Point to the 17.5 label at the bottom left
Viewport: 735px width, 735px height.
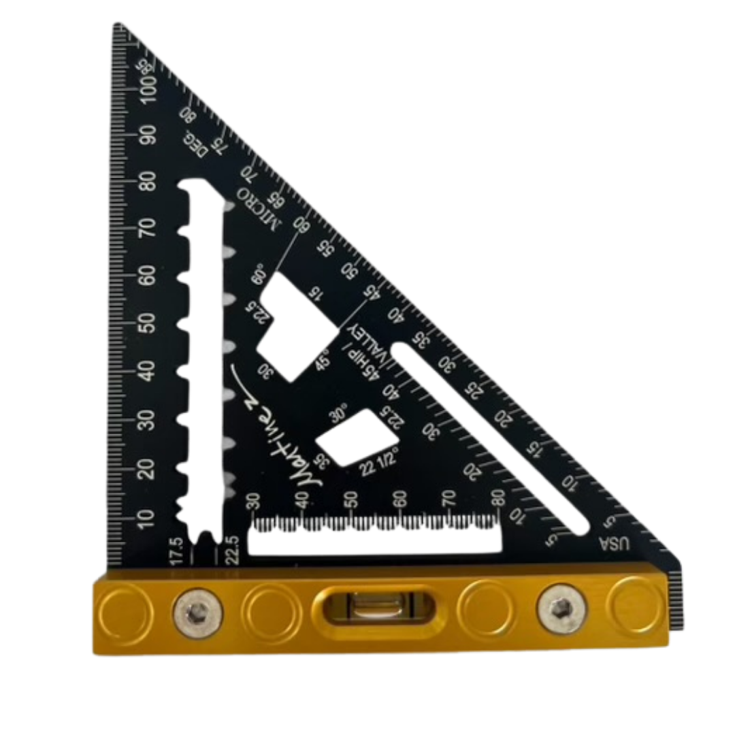(x=175, y=550)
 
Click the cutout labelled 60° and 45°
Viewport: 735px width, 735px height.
(x=296, y=327)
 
